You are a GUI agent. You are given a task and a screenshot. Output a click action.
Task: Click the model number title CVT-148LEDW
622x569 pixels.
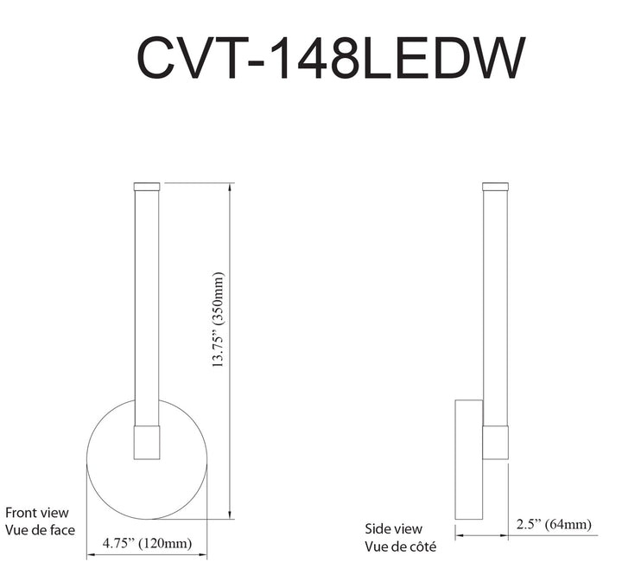[331, 58]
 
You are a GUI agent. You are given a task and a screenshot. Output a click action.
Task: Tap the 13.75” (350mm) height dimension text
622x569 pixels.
[219, 319]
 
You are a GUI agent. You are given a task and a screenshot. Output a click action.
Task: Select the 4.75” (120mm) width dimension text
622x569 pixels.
[147, 543]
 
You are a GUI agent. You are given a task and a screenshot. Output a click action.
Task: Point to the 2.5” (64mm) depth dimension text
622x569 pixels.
[554, 524]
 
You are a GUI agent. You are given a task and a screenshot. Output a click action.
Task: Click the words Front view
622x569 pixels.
[37, 513]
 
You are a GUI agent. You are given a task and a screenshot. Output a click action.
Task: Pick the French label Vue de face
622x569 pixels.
[40, 530]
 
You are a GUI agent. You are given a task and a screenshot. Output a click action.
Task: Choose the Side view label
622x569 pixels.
[394, 529]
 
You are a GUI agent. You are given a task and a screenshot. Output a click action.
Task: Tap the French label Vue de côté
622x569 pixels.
[400, 547]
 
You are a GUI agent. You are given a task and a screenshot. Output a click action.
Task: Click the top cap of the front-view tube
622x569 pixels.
[147, 187]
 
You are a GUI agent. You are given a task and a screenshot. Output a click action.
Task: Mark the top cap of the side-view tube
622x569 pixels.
[495, 187]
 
